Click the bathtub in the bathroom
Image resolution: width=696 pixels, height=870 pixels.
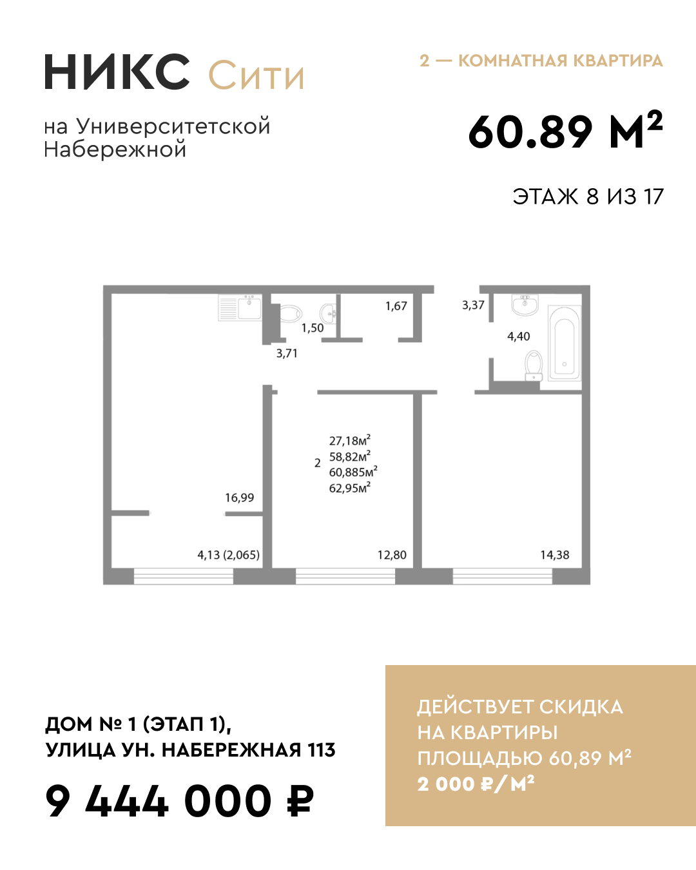[x=565, y=343]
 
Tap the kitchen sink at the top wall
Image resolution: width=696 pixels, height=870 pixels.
[x=249, y=307]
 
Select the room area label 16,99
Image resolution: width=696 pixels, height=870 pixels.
[x=239, y=498]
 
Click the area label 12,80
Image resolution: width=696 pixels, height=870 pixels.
[x=392, y=555]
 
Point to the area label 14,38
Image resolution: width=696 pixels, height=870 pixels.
[x=554, y=555]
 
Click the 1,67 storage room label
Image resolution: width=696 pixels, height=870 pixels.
[x=396, y=306]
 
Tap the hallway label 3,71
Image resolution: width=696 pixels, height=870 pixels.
[x=287, y=353]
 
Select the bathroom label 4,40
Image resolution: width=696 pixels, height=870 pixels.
[x=518, y=336]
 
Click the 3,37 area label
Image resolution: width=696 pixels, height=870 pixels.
[x=473, y=305]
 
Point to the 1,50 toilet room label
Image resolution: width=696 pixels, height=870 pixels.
[x=313, y=328]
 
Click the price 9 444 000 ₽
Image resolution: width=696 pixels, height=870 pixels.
[x=179, y=802]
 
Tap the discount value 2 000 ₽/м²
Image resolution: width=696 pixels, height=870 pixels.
[x=476, y=784]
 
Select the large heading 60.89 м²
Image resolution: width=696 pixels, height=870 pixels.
[x=565, y=131]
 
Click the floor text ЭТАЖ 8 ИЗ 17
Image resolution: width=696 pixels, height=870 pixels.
[x=588, y=197]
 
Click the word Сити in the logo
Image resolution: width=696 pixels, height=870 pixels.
[x=256, y=75]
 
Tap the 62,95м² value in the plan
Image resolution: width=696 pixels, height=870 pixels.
[x=349, y=488]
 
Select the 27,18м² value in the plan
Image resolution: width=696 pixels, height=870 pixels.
[x=349, y=441]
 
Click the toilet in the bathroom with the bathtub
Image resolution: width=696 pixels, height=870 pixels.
[x=534, y=365]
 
